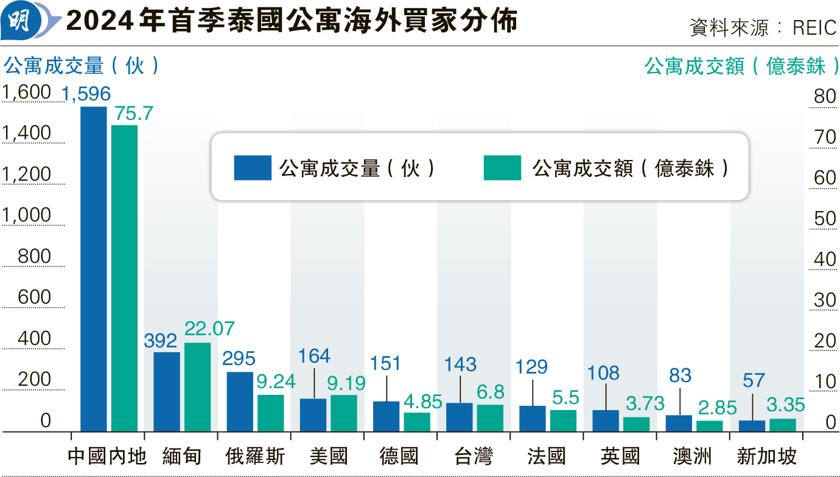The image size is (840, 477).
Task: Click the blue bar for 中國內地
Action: [94, 269]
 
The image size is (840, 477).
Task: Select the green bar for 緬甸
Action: [197, 387]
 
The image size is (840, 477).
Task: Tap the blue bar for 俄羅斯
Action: [240, 402]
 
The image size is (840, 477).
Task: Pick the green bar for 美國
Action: [343, 413]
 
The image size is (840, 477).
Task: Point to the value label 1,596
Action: [86, 94]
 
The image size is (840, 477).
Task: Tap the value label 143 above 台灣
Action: [460, 364]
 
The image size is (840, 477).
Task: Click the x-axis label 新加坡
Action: [766, 456]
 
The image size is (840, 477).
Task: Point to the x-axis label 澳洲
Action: [692, 456]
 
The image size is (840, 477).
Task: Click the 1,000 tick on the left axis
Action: [27, 216]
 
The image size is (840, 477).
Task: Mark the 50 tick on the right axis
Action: [825, 219]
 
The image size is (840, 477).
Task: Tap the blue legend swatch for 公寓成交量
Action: [253, 168]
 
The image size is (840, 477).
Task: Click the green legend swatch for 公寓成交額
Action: [502, 168]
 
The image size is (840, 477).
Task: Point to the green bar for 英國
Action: [636, 424]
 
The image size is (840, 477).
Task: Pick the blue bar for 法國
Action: [533, 419]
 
